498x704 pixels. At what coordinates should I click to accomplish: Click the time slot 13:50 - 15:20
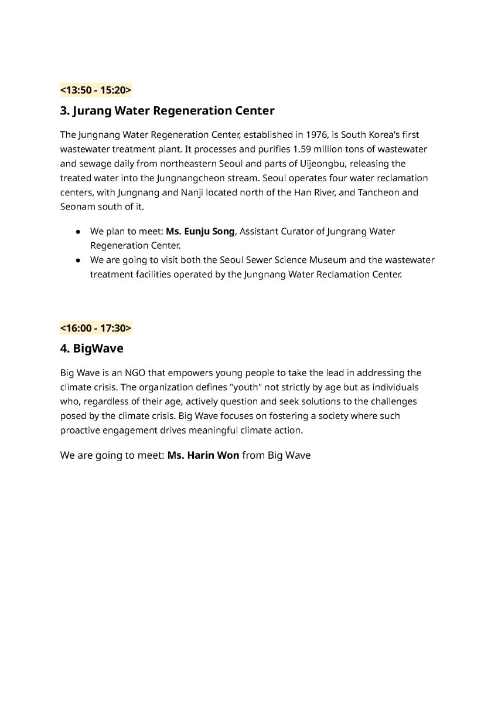click(95, 90)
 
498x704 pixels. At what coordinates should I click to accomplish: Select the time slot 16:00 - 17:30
click(95, 328)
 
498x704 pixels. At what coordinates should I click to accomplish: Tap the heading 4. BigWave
click(91, 348)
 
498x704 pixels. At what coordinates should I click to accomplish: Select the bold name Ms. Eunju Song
click(200, 231)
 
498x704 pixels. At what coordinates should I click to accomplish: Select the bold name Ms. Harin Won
click(203, 455)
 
